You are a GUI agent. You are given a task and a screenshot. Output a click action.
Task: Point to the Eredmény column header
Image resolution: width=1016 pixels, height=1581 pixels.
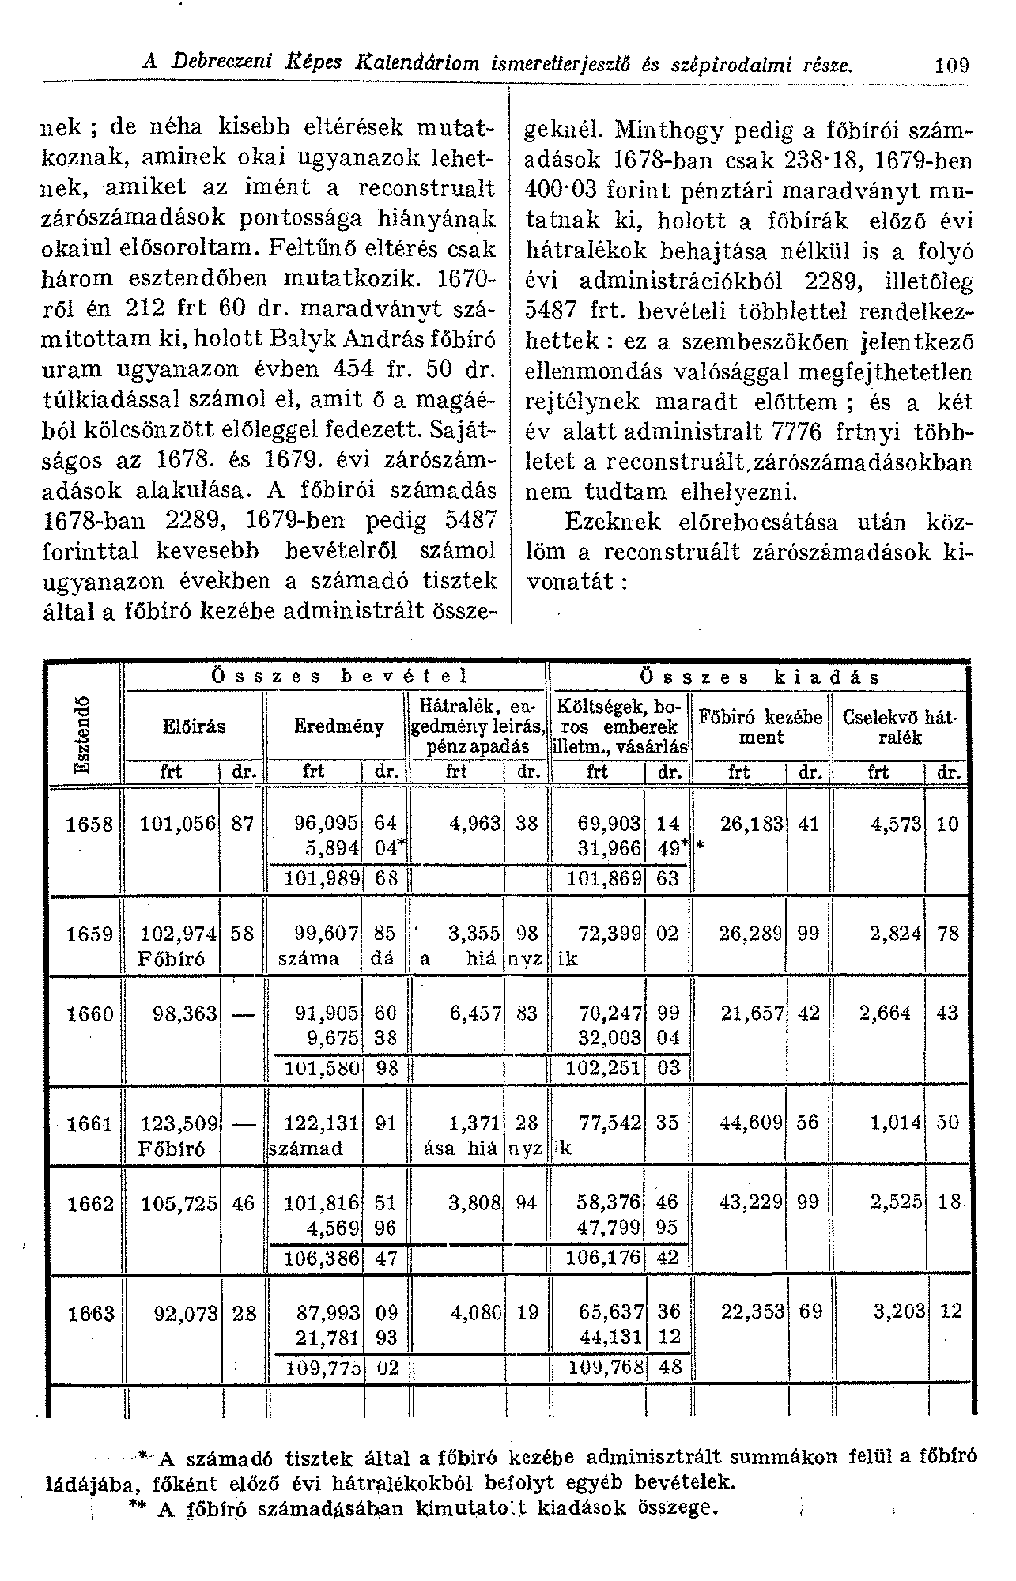339,726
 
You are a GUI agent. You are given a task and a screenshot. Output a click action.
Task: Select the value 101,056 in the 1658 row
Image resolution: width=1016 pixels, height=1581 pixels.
178,824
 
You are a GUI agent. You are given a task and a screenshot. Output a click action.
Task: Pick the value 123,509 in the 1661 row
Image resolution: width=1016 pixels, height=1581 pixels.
178,1123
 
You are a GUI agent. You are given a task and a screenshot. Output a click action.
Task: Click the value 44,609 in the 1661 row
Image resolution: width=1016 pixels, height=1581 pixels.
750,1123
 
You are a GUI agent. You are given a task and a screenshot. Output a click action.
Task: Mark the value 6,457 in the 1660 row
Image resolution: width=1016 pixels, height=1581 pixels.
475,1013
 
